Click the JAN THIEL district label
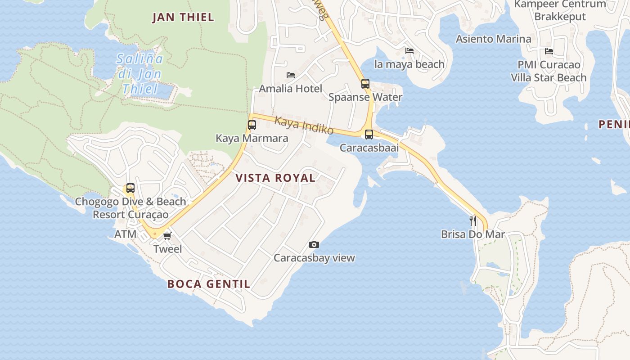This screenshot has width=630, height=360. [183, 18]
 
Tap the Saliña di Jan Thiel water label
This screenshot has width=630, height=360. [140, 73]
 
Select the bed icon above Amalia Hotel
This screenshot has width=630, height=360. [291, 75]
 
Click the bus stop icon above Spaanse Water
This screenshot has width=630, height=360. [365, 84]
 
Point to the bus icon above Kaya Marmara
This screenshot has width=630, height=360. [252, 125]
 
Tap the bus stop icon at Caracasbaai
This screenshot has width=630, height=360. [369, 134]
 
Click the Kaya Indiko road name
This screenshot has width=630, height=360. [304, 126]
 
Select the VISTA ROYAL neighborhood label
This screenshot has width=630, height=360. [275, 178]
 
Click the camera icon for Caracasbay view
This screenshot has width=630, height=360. [314, 244]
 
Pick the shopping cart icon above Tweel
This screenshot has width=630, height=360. [167, 235]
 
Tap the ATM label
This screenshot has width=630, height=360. [125, 234]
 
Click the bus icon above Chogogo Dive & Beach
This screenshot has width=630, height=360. [130, 188]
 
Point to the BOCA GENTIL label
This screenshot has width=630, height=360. [208, 284]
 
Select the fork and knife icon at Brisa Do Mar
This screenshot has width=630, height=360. [473, 220]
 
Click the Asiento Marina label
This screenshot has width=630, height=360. [493, 39]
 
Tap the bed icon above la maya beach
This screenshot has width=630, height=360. [409, 51]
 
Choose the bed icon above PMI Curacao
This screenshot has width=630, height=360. [549, 51]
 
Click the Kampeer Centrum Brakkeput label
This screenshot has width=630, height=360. [560, 10]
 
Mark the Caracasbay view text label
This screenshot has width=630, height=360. [314, 258]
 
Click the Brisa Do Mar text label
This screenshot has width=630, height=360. [472, 234]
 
